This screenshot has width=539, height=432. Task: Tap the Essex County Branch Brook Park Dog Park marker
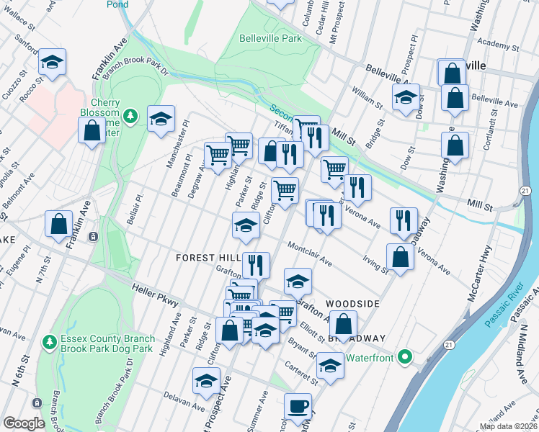(48, 341)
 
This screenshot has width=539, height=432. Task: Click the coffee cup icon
(298, 407)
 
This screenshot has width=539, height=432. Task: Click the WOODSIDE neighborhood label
(352, 304)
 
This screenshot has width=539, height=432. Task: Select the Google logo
(24, 423)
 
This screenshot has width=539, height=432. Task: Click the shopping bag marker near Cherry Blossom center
(92, 132)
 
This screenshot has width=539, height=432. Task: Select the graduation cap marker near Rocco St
(53, 62)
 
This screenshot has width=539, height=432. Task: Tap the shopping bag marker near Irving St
(400, 257)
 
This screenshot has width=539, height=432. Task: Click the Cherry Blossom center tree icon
(130, 115)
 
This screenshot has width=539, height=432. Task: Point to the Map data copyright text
(508, 426)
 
